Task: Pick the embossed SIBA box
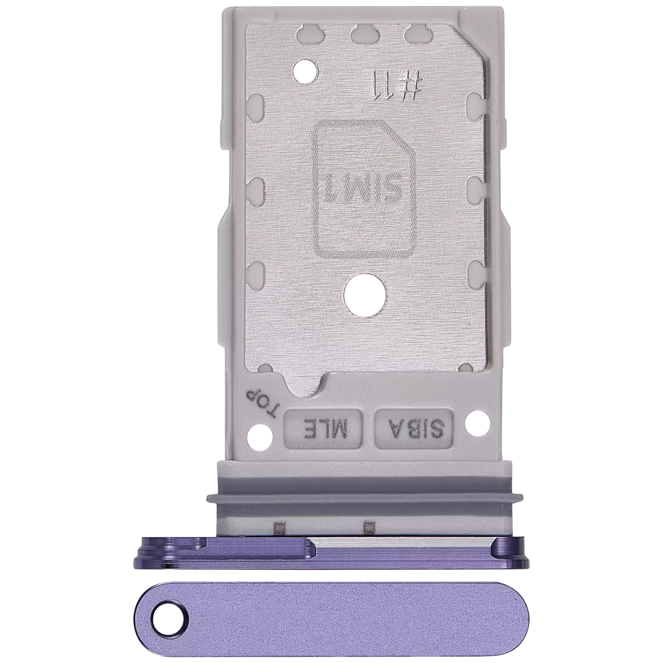[x=414, y=429]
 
